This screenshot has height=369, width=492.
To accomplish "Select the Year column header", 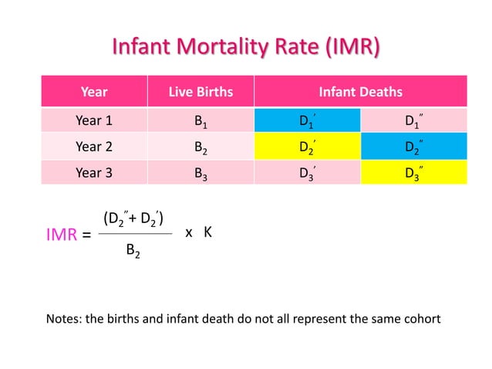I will pyautogui.click(x=94, y=93).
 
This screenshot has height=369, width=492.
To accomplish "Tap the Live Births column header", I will pyautogui.click(x=201, y=93).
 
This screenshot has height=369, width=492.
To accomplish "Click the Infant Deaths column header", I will pyautogui.click(x=361, y=93).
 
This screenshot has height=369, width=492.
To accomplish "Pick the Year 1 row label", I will pyautogui.click(x=94, y=120).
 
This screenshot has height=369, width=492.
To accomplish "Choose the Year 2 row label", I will pyautogui.click(x=94, y=147).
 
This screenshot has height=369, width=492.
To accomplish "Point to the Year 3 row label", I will pyautogui.click(x=94, y=173).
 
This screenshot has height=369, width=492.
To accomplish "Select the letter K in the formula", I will pyautogui.click(x=207, y=232).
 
